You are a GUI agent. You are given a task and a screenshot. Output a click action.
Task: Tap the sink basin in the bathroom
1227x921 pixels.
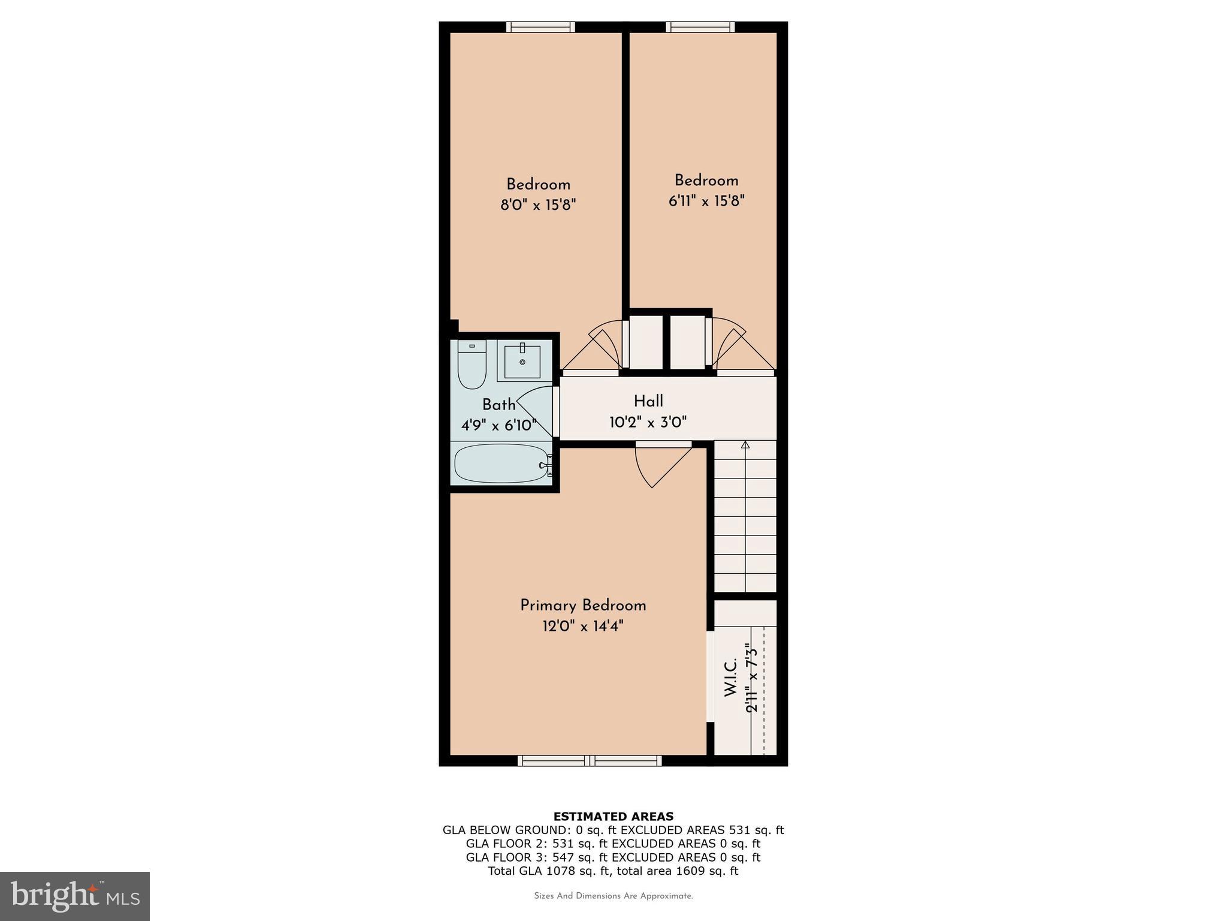pos(522,362)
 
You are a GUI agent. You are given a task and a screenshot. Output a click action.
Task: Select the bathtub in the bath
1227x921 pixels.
pos(502,463)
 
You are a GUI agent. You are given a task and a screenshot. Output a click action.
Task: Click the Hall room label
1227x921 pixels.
pos(648,401)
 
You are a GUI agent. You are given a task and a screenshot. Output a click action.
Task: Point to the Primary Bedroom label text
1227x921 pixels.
pos(583,606)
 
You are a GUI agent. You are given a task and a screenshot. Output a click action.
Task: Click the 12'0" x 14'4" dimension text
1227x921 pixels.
pos(583,627)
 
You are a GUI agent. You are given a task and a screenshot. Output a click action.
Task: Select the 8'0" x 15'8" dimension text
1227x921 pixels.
pos(538,205)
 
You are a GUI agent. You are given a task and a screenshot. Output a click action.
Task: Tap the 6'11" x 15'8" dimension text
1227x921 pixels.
pos(706,201)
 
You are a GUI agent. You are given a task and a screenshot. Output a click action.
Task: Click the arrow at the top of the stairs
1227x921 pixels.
pos(745,445)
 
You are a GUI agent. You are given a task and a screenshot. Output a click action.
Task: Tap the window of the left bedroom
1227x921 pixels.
pos(540,27)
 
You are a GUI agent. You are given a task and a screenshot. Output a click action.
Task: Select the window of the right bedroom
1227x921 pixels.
pos(700,27)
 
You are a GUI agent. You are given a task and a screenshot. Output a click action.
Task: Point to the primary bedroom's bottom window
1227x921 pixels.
pos(590,761)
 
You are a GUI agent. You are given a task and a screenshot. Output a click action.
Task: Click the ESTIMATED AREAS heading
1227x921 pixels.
pos(613,817)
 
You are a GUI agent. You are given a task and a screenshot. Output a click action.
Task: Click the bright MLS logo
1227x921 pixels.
pos(75,896)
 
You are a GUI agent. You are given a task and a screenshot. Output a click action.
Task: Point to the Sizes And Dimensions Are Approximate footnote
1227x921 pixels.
pos(613,896)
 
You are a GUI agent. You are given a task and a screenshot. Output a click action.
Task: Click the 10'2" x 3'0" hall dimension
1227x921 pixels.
pos(648,422)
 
